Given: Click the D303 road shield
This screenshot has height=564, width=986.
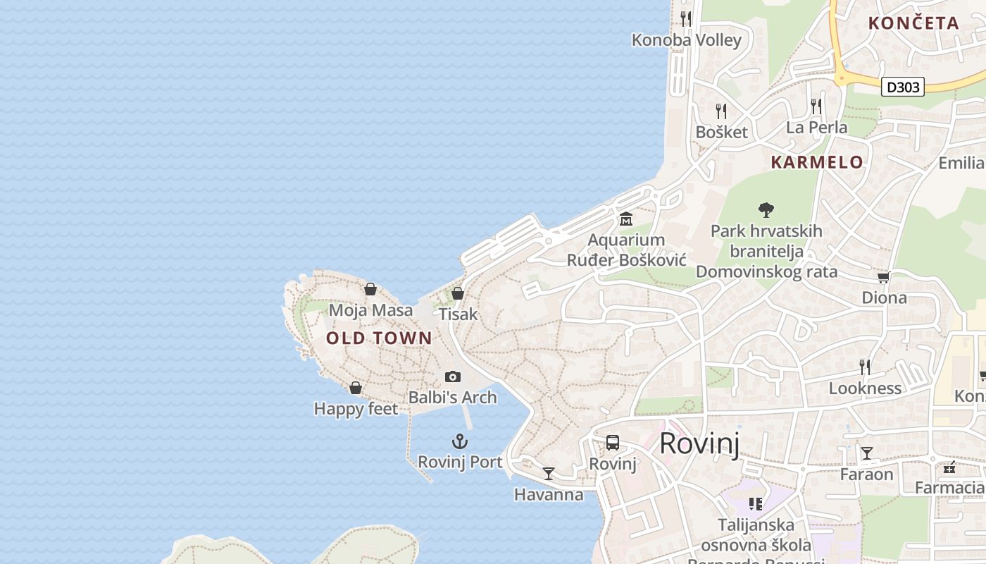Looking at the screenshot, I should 902,87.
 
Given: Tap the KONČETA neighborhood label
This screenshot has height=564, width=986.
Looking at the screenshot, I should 913,23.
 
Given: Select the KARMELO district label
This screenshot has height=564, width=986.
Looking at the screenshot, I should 817,162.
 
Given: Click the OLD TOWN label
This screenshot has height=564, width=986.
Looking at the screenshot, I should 379,338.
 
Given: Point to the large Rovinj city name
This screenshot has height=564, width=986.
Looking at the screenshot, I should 699,443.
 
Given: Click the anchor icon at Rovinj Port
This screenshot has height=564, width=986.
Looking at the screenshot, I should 459,442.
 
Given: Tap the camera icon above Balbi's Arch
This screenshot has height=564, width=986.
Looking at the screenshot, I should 453,377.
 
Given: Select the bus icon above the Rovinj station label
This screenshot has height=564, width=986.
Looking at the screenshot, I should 613,443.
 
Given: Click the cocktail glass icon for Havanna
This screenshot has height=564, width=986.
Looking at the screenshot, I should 549,473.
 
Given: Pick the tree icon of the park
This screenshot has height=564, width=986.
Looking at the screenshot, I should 766,209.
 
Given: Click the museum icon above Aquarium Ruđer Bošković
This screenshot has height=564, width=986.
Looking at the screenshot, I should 625,219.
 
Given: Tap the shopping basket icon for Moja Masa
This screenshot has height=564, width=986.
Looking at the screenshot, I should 370,289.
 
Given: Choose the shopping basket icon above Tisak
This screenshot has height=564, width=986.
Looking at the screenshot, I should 458,293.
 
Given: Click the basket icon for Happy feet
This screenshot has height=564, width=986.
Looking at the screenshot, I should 356,388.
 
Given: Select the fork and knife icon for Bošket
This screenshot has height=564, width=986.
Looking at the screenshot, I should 721,111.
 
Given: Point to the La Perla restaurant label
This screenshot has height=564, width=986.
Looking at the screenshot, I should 816,128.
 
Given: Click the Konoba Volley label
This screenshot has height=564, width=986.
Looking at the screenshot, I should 687,40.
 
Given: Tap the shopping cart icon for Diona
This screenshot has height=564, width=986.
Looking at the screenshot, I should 883,277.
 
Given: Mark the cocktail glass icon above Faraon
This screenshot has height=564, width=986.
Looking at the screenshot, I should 866,453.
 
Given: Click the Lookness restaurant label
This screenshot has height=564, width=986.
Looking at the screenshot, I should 865,388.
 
